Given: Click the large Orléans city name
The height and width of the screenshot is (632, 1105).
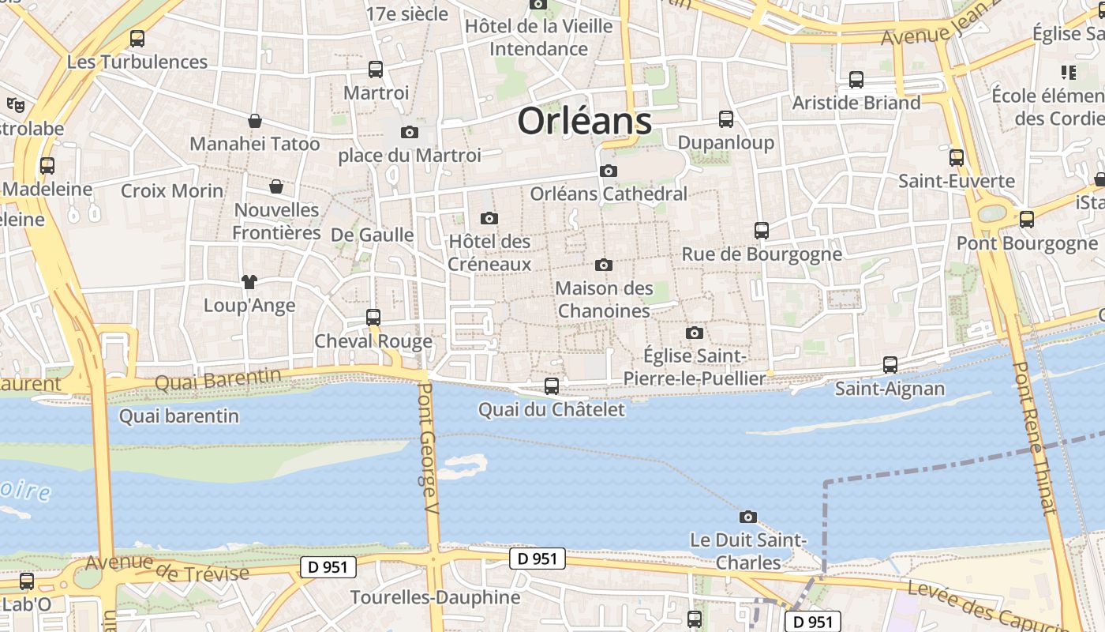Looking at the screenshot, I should (585, 122).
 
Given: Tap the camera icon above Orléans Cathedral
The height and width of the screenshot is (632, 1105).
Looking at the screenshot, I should (608, 171).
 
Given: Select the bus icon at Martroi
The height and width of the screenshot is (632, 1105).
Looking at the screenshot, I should (376, 70).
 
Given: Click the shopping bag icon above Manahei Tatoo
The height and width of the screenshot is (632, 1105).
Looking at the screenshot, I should (255, 121).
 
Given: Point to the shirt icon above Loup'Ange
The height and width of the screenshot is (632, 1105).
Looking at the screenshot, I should (249, 281).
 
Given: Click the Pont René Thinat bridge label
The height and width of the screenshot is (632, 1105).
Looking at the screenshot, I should (1033, 438).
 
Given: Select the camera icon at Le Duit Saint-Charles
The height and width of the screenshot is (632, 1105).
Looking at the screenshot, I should (747, 517).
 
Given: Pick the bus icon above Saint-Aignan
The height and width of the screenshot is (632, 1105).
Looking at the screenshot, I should (890, 365).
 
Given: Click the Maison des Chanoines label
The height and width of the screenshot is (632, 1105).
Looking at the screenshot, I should (604, 299).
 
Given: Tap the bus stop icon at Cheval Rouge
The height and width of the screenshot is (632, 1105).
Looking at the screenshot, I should (373, 318).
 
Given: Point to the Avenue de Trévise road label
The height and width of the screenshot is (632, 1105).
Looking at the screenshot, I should (167, 567).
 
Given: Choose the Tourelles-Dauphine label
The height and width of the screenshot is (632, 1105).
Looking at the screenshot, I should (435, 597).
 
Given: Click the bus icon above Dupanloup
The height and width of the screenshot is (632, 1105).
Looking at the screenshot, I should (726, 119).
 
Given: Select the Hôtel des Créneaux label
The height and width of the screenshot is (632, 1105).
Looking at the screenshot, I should (489, 252).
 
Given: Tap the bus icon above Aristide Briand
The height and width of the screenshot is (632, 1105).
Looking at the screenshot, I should (856, 80).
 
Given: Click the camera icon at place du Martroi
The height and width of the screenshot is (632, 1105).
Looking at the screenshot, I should (409, 132).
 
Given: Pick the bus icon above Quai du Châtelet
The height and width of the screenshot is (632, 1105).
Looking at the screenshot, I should (552, 386).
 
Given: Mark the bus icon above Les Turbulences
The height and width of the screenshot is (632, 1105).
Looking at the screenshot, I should (137, 38).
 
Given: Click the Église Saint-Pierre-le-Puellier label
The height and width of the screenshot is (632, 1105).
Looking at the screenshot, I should (695, 367).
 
